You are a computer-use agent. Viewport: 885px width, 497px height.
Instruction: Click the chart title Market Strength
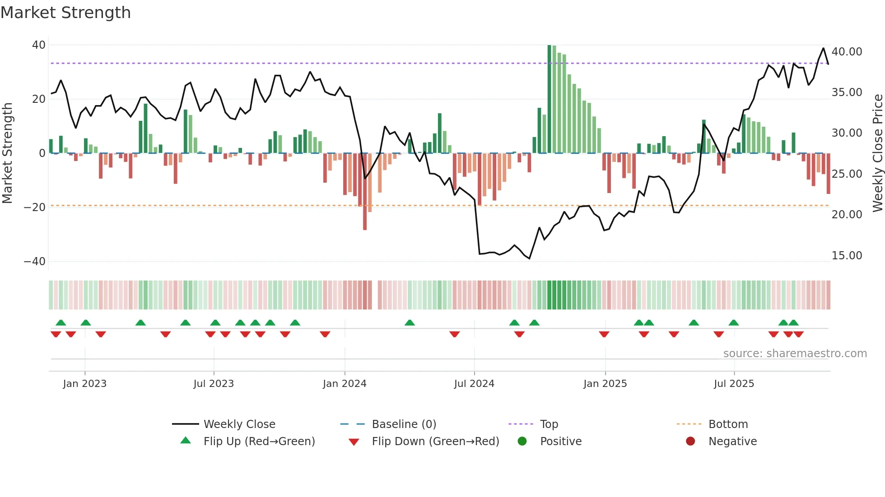coord(65,12)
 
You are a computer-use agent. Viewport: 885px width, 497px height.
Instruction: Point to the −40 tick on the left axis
coord(34,262)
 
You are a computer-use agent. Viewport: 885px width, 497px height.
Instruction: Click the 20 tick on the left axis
coord(39,99)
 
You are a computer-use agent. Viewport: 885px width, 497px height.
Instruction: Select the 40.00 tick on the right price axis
coord(847,52)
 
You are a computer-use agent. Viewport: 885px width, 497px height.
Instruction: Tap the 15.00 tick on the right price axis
coord(847,256)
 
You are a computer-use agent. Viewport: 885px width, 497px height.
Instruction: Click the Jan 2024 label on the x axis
coord(345,384)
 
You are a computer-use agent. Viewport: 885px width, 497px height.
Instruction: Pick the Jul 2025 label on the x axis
coord(734,384)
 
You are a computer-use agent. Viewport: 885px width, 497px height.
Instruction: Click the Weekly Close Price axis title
coord(877,153)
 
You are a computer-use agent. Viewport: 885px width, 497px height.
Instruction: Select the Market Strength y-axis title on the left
coord(7,153)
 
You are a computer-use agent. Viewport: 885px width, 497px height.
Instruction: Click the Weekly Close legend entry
coord(239,424)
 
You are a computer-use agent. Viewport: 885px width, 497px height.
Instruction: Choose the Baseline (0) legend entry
coord(404,424)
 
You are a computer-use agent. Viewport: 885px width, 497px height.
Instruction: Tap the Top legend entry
coord(549,424)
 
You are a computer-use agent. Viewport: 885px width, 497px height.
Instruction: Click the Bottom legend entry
coord(728,424)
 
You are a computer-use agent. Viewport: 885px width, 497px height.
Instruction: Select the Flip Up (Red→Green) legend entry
coord(259,442)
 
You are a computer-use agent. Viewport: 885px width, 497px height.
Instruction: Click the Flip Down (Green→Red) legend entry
coord(435,442)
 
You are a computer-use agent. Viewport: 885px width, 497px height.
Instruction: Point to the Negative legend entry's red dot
coord(690,442)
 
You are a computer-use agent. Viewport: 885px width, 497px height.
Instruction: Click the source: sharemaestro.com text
coord(795,354)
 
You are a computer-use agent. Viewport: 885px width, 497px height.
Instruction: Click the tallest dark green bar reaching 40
coord(550,99)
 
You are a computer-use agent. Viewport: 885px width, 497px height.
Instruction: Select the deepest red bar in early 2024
coord(365,192)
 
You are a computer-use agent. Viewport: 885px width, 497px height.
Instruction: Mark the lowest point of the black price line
coord(529,258)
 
